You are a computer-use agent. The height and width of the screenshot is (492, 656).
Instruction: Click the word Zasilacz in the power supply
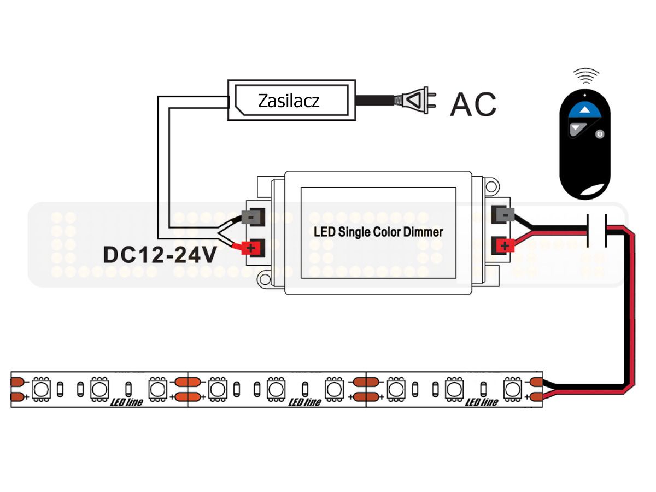289,101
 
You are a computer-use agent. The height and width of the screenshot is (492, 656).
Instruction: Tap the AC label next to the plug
473,104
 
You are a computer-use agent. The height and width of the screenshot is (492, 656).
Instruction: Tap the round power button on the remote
600,134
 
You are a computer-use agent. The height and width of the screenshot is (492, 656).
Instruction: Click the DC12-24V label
159,255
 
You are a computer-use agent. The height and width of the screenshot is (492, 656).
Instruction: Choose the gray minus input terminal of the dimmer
253,217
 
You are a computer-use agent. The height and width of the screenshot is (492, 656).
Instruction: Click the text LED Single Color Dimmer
378,232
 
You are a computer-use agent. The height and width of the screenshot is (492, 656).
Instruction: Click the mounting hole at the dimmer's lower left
265,279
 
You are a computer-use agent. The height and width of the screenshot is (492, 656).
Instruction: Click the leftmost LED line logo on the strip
126,402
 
